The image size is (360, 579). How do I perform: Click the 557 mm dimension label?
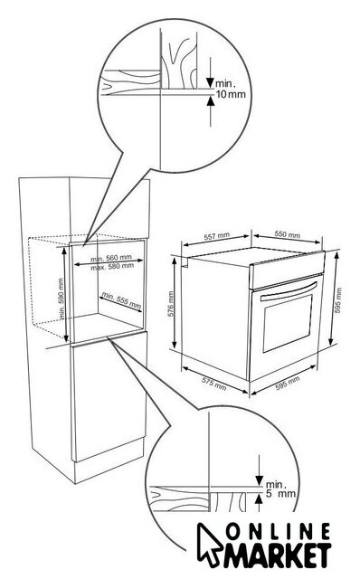tap(217, 236)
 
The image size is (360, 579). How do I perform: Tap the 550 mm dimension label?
tap(288, 234)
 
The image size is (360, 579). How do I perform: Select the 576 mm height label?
tap(171, 305)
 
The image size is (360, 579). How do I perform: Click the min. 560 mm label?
tap(111, 258)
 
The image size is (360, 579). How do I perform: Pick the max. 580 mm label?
tap(112, 266)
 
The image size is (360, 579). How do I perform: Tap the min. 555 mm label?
tap(121, 300)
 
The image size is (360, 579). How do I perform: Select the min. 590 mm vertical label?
tap(62, 299)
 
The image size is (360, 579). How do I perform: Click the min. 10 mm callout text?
tap(231, 89)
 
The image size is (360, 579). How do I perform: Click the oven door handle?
tap(289, 291)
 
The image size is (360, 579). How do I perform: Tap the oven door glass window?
tap(288, 323)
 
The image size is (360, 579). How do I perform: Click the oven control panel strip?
tap(288, 270)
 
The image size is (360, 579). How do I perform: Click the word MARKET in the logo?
tap(278, 555)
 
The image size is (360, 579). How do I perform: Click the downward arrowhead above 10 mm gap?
tap(211, 82)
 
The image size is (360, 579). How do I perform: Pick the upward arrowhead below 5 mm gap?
tap(260, 498)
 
